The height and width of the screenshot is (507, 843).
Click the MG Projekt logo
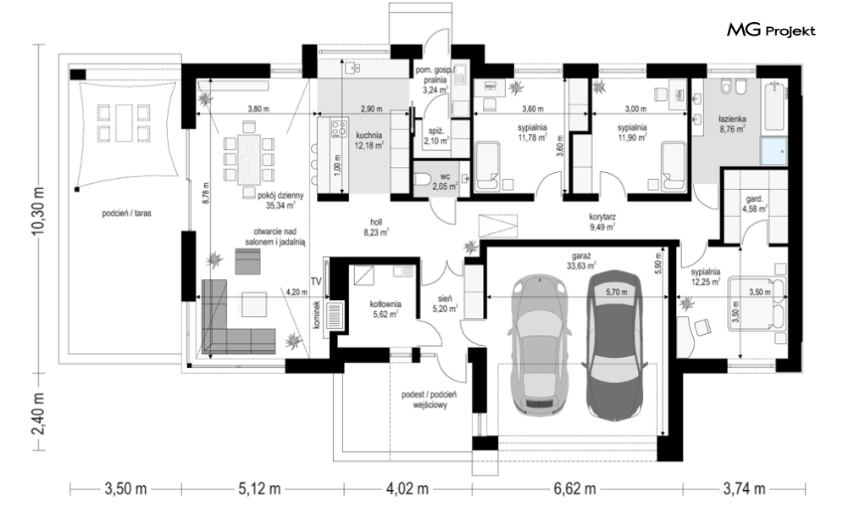point(771,30)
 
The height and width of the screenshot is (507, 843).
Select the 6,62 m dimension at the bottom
point(574,488)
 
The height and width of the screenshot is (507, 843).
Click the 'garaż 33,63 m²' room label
point(581,261)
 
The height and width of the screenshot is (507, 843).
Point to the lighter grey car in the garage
point(540,346)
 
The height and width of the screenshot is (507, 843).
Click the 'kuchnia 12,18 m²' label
point(369,140)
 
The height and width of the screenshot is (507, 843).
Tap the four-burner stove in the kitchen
point(339,128)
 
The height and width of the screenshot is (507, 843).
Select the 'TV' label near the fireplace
point(316,281)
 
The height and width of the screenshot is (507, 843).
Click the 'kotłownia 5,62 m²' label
point(385,309)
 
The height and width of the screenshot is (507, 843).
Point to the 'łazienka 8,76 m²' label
point(732,124)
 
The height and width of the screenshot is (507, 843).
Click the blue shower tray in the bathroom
point(774,151)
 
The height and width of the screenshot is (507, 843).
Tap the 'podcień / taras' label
point(127,213)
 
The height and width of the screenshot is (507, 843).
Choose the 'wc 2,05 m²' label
point(445,181)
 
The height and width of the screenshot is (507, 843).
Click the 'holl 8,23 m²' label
point(376,226)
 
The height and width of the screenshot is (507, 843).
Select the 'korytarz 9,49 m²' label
point(602,221)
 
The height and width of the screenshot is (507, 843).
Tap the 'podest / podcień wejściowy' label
point(429,400)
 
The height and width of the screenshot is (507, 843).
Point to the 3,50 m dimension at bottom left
point(125,488)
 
